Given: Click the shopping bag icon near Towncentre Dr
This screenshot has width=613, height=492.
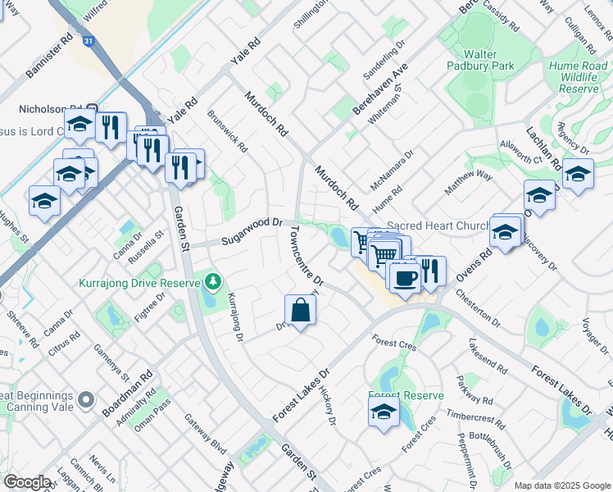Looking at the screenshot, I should [x=301, y=310].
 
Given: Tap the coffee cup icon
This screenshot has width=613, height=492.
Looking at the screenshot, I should [x=402, y=278].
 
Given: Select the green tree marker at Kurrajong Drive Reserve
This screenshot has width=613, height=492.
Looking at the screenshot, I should [x=213, y=283].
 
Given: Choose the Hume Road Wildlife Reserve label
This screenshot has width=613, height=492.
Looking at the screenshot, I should [x=579, y=76].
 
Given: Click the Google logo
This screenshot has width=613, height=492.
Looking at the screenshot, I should [x=28, y=482].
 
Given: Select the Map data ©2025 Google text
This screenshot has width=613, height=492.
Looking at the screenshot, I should [x=562, y=485].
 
